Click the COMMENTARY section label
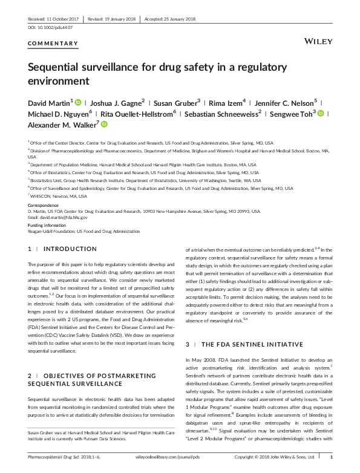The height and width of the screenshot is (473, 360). [x=53, y=44]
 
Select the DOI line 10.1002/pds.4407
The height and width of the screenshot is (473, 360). [x=50, y=28]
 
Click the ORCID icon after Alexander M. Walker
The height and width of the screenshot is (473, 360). [x=103, y=124]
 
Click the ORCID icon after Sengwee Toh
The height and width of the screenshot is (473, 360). [x=321, y=113]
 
